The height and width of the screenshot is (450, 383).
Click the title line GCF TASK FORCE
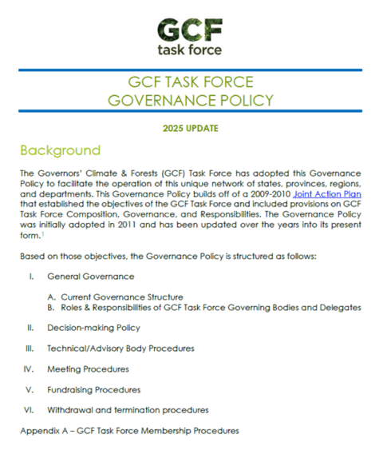(191, 83)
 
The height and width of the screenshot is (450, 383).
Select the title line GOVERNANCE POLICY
(191, 101)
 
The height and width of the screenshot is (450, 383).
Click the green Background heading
(60, 150)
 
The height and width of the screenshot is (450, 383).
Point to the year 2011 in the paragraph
(111, 225)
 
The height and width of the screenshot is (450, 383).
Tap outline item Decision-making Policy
(93, 328)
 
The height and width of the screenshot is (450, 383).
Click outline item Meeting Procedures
(86, 369)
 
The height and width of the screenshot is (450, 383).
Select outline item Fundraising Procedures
(93, 390)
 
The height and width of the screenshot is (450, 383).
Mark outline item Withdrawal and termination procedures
(128, 410)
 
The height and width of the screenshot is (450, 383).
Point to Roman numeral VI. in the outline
(30, 410)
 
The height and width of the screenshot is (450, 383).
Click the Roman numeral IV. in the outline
(30, 369)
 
